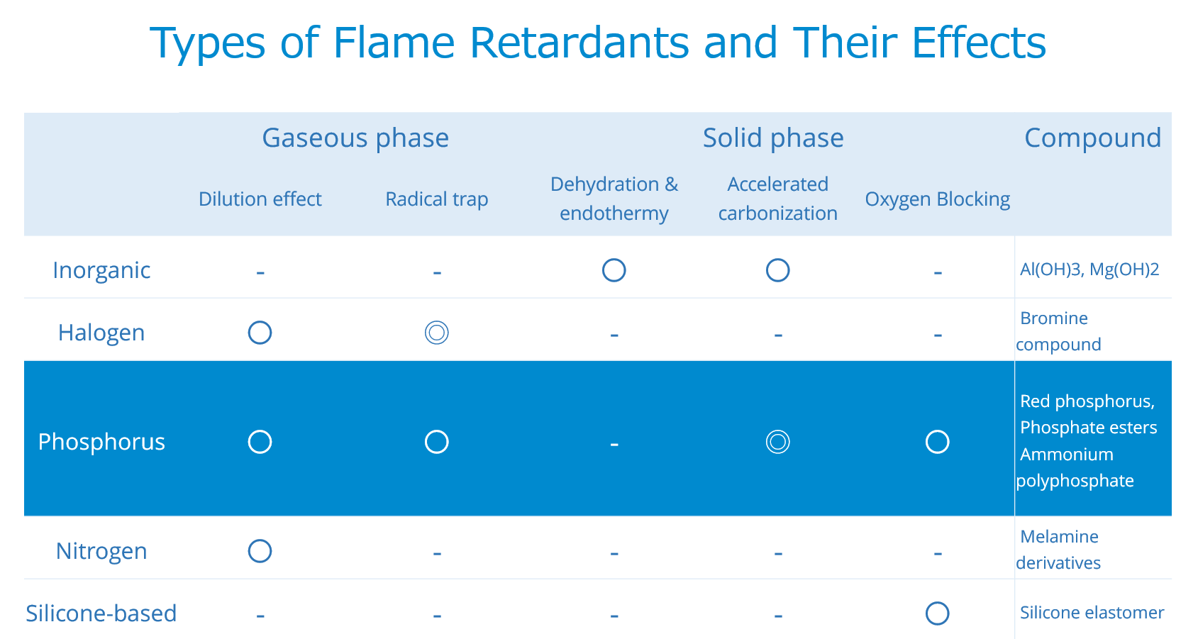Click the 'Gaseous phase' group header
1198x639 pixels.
[355, 138]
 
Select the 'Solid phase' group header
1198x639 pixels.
[773, 138]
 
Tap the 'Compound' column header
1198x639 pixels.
[1092, 138]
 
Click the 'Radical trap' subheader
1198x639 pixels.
[436, 199]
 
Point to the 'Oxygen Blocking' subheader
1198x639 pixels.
[937, 199]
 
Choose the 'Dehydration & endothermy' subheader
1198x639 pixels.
[614, 199]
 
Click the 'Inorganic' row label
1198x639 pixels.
[101, 270]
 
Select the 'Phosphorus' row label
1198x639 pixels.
[101, 442]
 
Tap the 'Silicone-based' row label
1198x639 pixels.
[101, 613]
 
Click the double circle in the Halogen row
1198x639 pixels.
[436, 333]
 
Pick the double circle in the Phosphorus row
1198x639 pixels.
[777, 442]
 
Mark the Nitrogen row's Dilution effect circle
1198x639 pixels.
[260, 551]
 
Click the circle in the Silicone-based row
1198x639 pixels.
[937, 613]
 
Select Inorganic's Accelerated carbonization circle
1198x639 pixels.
[777, 270]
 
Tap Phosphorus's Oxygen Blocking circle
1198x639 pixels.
[937, 442]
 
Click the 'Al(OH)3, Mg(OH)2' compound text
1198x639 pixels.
[1089, 270]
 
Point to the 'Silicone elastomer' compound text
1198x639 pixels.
[1092, 613]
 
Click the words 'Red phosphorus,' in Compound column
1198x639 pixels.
[1087, 401]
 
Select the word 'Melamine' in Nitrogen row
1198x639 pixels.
[1059, 537]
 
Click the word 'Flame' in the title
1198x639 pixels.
[394, 43]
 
